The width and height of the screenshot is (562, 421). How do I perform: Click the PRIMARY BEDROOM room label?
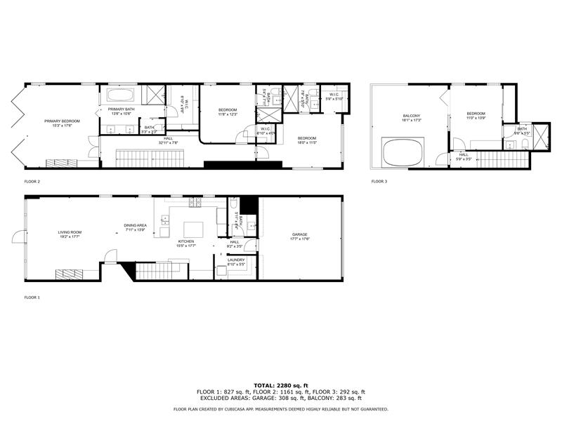62,121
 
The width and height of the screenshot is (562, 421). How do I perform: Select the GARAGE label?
300,235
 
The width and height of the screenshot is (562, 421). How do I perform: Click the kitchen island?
193,229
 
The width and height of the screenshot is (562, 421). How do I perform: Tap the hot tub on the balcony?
404,151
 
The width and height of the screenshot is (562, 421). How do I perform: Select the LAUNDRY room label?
236,260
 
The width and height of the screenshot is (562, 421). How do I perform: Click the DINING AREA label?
134,225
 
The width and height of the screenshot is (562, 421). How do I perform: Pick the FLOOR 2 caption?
32,181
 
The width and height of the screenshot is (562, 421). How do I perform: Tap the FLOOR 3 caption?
379,181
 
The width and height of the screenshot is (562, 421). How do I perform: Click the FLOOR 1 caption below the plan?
32,298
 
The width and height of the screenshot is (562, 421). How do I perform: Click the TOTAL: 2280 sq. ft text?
280,385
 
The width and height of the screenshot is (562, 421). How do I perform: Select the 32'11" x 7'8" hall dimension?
169,143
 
